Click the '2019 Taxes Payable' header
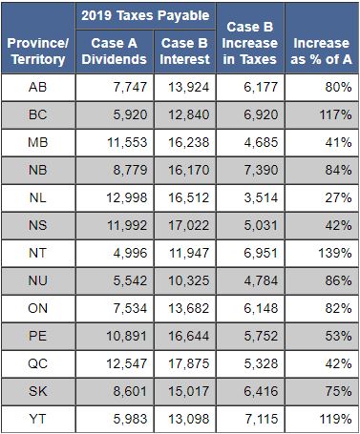pyautogui.click(x=146, y=16)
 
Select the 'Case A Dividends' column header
pyautogui.click(x=114, y=52)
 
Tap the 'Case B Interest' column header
pyautogui.click(x=185, y=52)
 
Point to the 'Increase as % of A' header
pyautogui.click(x=321, y=52)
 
